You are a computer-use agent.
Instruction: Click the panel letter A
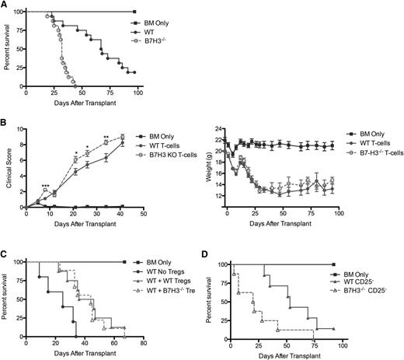pyautogui.click(x=5, y=5)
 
